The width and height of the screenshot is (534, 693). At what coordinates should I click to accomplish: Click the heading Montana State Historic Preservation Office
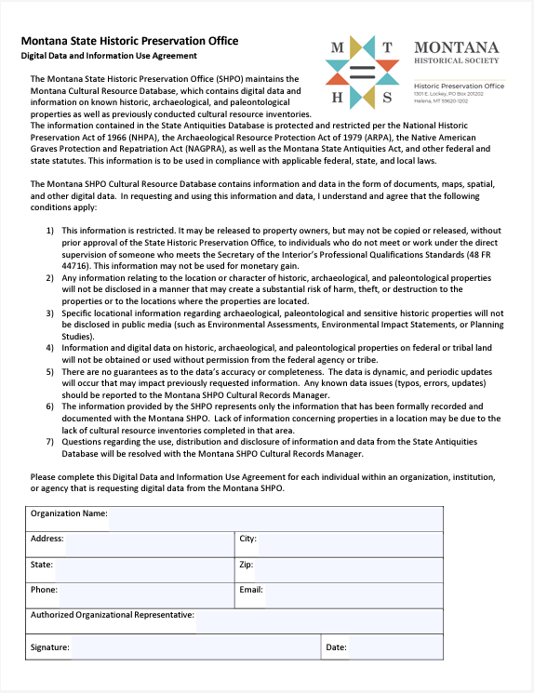(129, 41)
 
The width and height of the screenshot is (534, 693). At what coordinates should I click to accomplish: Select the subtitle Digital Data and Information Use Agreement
(110, 56)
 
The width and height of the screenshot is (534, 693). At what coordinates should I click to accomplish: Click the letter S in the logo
(389, 97)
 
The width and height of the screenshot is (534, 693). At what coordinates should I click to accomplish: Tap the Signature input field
(195, 647)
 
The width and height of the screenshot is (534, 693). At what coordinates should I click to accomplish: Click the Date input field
(395, 647)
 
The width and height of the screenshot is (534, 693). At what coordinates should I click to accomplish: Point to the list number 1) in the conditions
(50, 229)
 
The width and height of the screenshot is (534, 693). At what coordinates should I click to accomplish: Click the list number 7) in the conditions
(50, 443)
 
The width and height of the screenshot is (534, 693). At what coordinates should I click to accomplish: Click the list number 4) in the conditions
(50, 347)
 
